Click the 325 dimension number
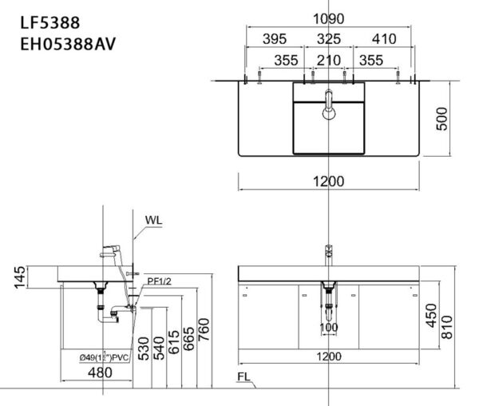(328, 39)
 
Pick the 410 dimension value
(382, 39)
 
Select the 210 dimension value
(328, 61)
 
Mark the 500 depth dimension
(452, 118)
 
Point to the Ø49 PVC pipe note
(107, 357)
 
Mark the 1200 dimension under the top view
(328, 181)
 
